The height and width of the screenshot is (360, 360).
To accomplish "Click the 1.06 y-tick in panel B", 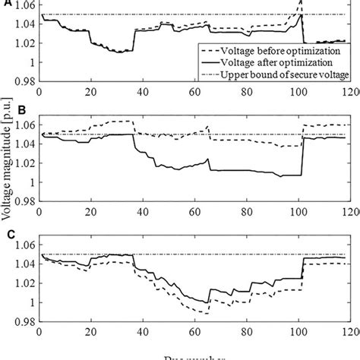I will click(x=24, y=125).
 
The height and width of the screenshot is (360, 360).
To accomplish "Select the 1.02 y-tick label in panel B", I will click(x=24, y=163).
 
